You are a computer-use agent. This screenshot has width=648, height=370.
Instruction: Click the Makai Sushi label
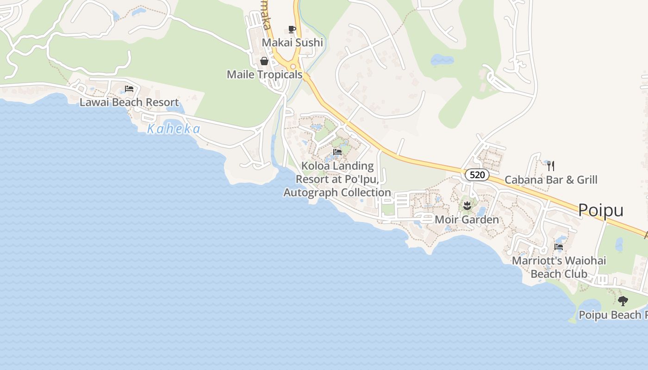(x=292, y=43)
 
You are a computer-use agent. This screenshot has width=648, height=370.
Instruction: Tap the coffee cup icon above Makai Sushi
(x=292, y=30)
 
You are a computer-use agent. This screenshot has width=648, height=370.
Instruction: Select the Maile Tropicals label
(x=264, y=74)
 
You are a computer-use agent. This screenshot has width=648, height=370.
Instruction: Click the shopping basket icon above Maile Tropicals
(x=264, y=61)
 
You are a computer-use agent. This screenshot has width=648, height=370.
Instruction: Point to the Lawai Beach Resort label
(x=129, y=102)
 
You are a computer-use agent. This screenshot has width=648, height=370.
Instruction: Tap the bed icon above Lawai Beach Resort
(x=129, y=89)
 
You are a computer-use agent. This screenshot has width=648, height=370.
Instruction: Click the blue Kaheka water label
(x=174, y=129)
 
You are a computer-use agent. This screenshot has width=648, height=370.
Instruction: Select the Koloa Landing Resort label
(x=337, y=179)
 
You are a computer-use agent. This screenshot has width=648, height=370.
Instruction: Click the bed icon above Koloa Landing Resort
(x=337, y=152)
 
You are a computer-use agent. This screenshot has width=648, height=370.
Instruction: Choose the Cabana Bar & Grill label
(x=551, y=179)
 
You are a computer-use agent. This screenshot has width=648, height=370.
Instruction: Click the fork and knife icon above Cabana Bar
(x=551, y=166)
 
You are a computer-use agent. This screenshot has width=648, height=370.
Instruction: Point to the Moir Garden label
(x=467, y=219)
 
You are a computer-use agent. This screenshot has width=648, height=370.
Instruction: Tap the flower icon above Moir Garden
(x=467, y=205)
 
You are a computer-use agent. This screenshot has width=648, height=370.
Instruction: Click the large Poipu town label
(x=601, y=210)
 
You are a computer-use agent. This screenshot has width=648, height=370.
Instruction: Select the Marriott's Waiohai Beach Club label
(x=559, y=267)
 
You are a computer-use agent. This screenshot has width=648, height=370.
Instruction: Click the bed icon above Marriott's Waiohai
(x=559, y=247)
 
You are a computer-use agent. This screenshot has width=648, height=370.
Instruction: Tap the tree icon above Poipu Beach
(x=623, y=301)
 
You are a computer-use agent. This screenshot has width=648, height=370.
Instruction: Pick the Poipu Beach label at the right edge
(x=613, y=315)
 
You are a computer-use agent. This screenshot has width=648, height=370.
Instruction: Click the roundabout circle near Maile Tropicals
(x=293, y=67)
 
